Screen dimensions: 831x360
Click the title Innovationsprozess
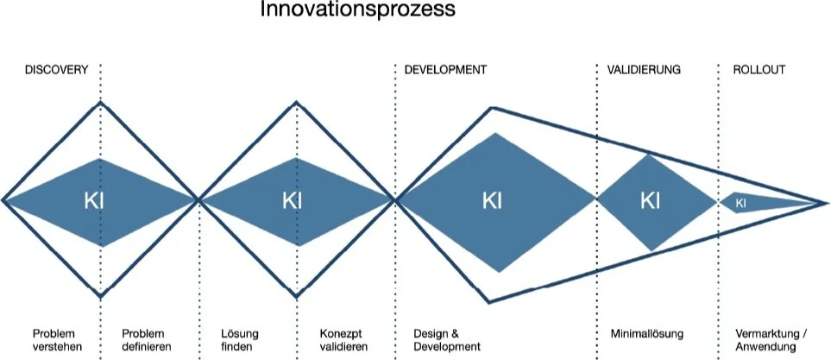pos(357,11)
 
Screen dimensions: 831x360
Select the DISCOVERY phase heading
pos(55,70)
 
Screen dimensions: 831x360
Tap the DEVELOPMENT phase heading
pos(445,70)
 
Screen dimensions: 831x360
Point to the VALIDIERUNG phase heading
pos(644,70)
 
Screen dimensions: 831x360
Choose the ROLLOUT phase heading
pos(759,70)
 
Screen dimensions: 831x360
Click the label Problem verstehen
pos(54,339)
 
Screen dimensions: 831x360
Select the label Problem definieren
pos(146,339)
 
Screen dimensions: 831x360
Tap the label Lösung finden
pos(240,339)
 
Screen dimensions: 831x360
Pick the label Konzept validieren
pos(343,339)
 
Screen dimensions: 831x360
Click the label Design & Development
pos(446,339)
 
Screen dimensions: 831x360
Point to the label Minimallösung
pos(646,333)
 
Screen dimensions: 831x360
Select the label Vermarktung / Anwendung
pos(771,339)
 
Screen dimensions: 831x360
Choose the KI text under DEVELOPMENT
pos(492,201)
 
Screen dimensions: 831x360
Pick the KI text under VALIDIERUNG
pos(650,201)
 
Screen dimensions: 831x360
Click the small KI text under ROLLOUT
pos(740,203)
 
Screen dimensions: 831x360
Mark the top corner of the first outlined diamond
pos(102,102)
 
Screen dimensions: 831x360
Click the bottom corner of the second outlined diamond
pos(298,298)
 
